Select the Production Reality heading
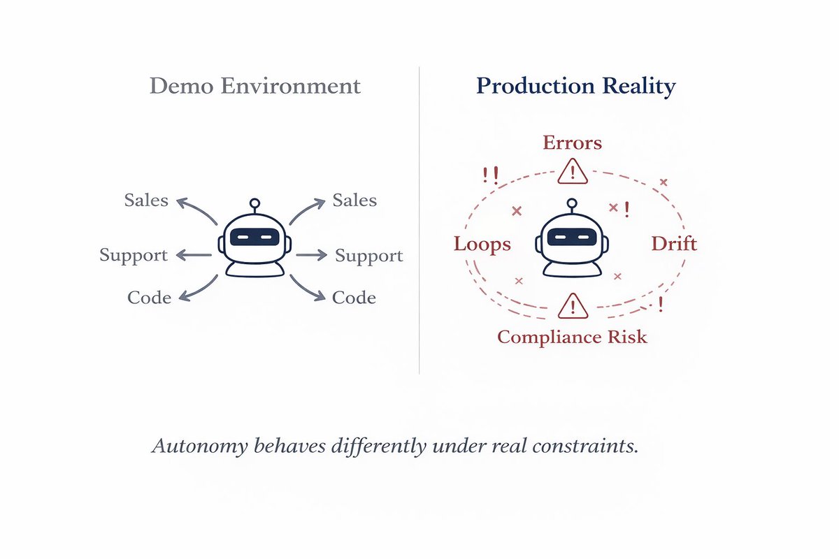click(x=575, y=86)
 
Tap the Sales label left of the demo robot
click(x=146, y=201)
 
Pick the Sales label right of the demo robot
click(x=354, y=201)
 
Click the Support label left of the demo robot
click(x=134, y=255)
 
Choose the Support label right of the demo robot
click(x=369, y=255)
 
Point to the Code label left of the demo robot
click(x=149, y=298)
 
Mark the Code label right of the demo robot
click(x=354, y=298)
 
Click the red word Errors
click(x=573, y=143)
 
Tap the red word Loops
click(x=482, y=244)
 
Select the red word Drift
click(x=674, y=244)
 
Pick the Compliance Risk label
click(x=572, y=337)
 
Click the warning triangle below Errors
click(x=573, y=170)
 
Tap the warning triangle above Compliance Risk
click(x=573, y=306)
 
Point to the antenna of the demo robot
click(x=254, y=205)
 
